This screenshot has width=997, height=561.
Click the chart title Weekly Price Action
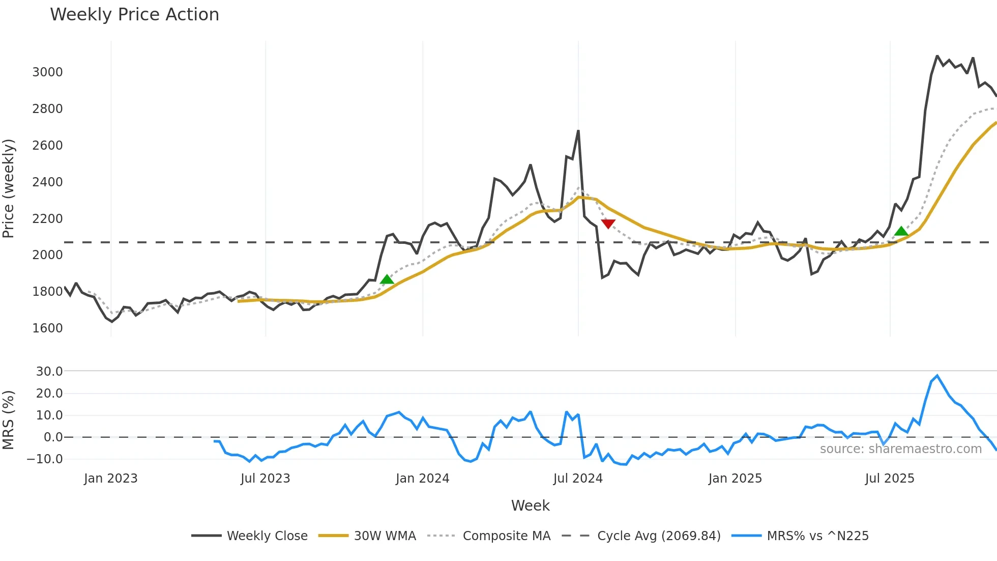(134, 15)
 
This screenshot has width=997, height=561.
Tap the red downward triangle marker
(608, 224)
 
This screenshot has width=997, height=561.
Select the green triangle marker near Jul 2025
(901, 232)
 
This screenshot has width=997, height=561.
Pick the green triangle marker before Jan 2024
(387, 279)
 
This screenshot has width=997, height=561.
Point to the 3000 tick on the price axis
(47, 72)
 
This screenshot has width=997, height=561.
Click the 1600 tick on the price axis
(47, 328)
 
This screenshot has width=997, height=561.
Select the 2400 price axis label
(47, 182)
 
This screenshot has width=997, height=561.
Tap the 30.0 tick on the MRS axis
(49, 372)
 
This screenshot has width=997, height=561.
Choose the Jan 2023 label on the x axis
(111, 479)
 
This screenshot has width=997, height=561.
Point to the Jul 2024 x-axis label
(578, 479)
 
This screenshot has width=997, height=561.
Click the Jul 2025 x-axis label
(890, 479)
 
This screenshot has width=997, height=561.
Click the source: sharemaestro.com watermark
(900, 449)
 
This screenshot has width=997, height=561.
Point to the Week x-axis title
(530, 506)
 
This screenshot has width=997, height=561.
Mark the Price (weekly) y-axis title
(9, 188)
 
